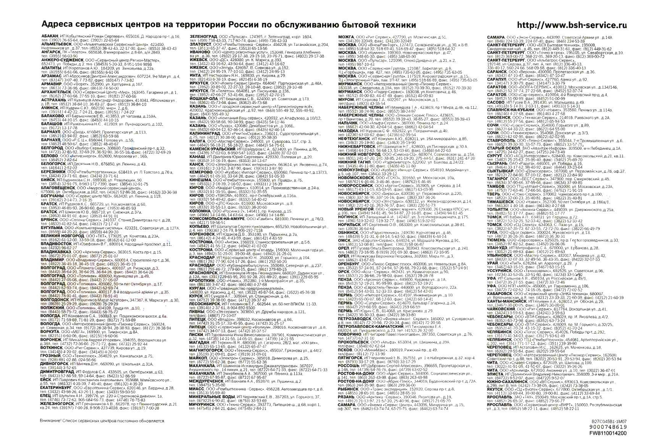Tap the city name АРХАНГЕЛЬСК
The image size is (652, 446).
[56, 92]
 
